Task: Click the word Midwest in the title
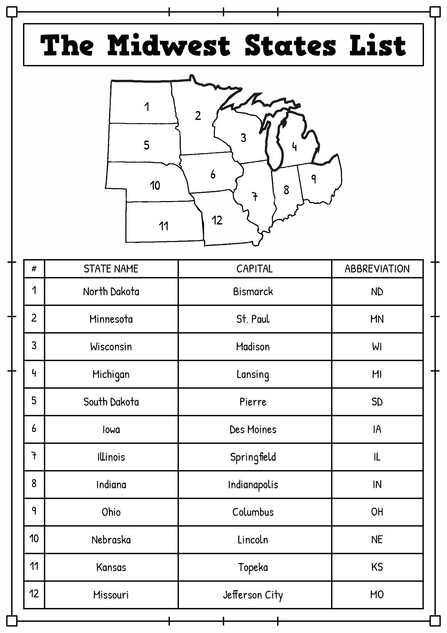(x=169, y=45)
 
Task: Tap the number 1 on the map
(x=147, y=106)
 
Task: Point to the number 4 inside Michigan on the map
(x=294, y=146)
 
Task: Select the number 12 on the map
(x=217, y=220)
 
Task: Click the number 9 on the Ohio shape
(x=314, y=179)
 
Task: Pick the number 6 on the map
(x=213, y=174)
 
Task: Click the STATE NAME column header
(x=111, y=269)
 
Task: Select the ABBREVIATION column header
(x=377, y=269)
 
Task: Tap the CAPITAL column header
(x=254, y=269)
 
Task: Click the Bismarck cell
(x=253, y=291)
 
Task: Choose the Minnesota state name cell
(x=111, y=319)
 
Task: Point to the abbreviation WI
(x=377, y=347)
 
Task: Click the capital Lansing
(x=253, y=375)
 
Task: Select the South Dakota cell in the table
(x=111, y=402)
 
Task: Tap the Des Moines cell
(x=253, y=430)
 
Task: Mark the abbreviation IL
(x=377, y=457)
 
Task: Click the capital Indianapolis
(x=253, y=485)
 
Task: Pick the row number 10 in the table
(x=34, y=538)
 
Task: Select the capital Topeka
(x=253, y=567)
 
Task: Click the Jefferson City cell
(x=253, y=595)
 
